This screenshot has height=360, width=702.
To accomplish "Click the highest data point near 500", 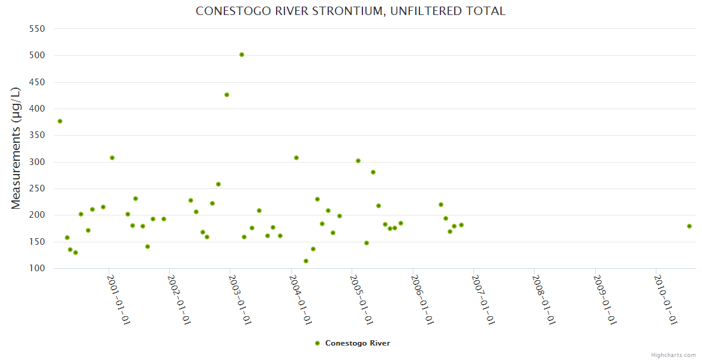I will (x=242, y=55).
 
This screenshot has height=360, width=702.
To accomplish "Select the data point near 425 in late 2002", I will (x=227, y=95).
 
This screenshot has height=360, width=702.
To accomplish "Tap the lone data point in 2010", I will (x=689, y=226).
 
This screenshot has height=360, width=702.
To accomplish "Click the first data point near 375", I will (x=60, y=121).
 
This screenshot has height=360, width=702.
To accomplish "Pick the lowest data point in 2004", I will (x=306, y=261).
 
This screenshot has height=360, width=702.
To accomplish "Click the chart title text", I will (x=350, y=11).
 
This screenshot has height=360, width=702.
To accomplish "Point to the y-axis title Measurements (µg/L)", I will (x=16, y=148).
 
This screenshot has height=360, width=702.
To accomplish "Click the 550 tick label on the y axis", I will (x=38, y=28).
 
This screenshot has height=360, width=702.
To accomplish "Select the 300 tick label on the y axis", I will (x=38, y=162).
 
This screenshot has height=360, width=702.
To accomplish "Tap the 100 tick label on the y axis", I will (x=38, y=268).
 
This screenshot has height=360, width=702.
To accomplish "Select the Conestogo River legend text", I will (x=358, y=343).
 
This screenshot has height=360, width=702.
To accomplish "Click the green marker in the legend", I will (x=317, y=343).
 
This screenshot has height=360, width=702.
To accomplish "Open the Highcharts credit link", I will (x=673, y=355).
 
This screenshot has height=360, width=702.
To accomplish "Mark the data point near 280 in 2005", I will (x=373, y=172).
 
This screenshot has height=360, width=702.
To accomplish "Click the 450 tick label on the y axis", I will (x=38, y=82).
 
